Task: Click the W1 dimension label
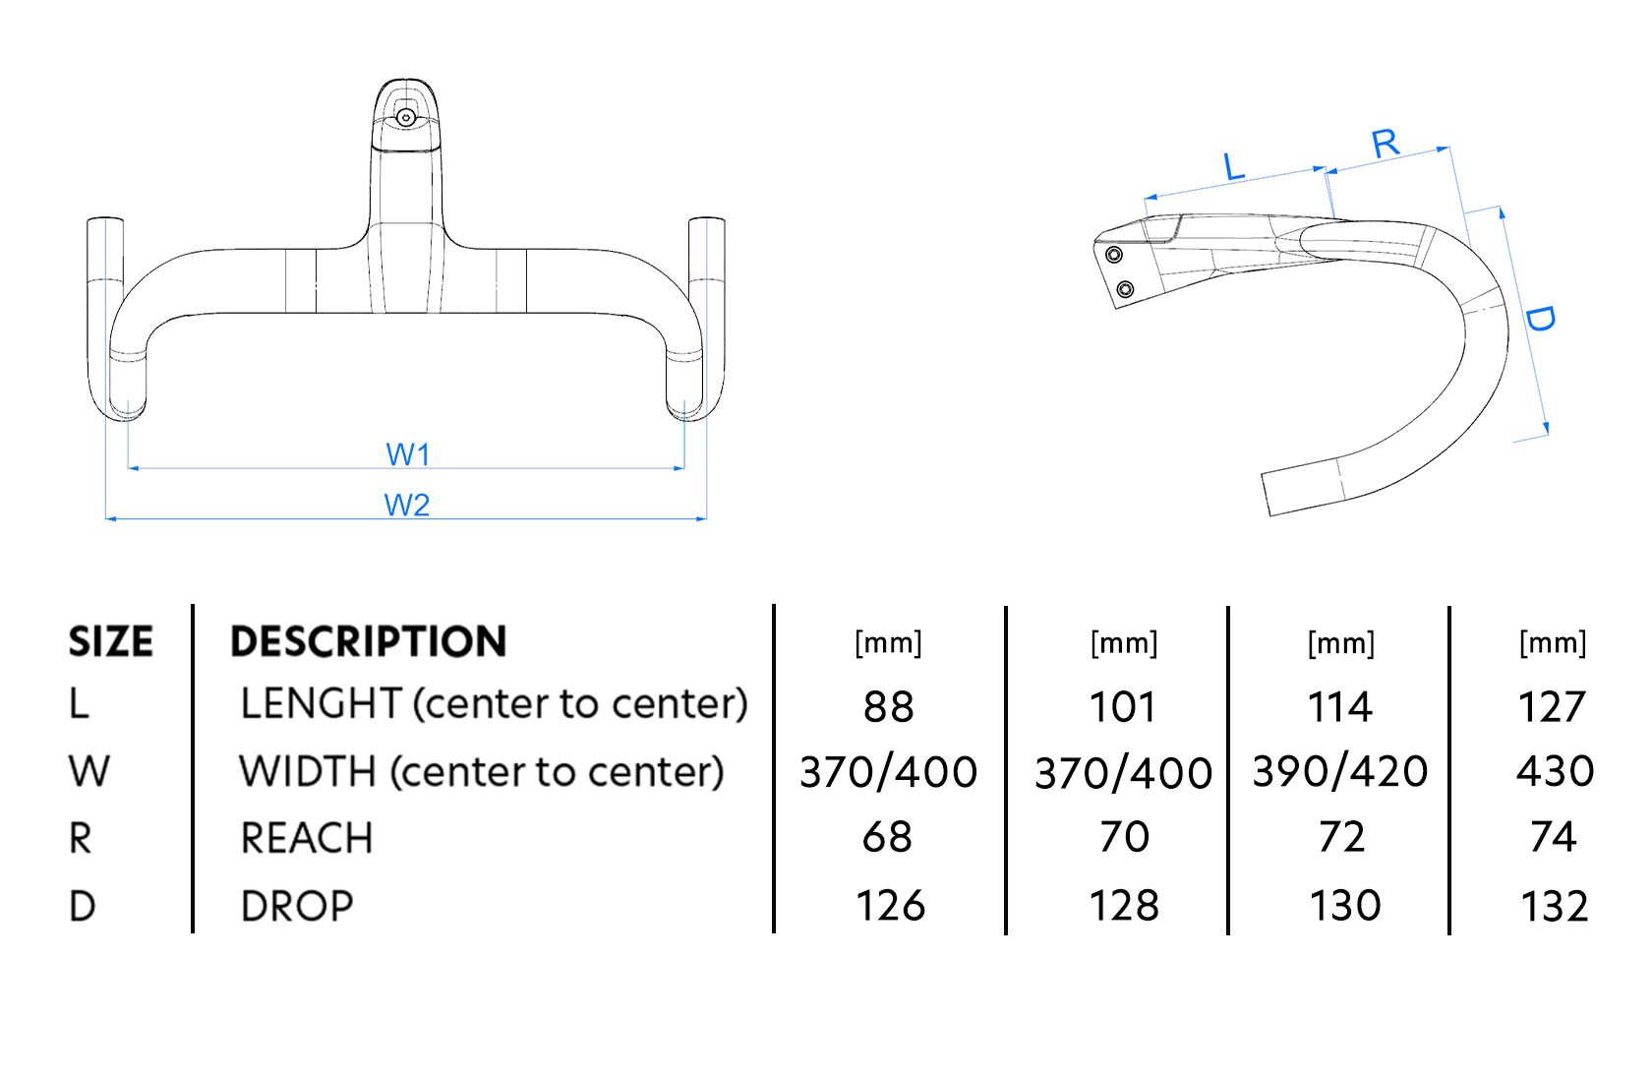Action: click(407, 454)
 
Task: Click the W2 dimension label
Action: click(406, 506)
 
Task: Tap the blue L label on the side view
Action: click(1234, 166)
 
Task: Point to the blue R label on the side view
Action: click(1386, 144)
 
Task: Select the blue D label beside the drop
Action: click(1539, 318)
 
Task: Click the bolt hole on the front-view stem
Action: click(405, 118)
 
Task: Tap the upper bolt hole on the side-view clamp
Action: click(1114, 256)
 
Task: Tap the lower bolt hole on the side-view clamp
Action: click(1126, 289)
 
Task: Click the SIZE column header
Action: click(110, 642)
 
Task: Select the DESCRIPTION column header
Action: click(369, 642)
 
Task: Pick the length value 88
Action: click(888, 707)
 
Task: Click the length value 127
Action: click(1552, 707)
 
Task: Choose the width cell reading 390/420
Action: click(1339, 772)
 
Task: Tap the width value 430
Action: click(1554, 772)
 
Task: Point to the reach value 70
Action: click(1124, 837)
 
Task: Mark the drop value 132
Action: click(1554, 906)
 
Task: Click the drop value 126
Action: click(890, 906)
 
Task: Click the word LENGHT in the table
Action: click(321, 704)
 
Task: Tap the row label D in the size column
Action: click(83, 906)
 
